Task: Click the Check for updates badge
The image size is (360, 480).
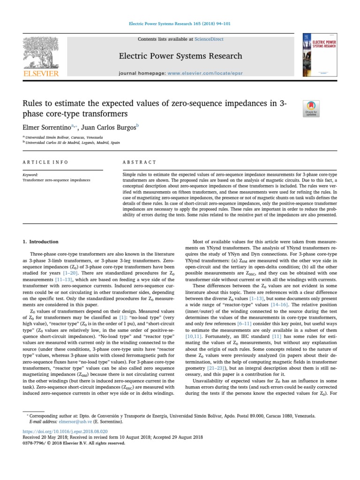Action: [312, 108]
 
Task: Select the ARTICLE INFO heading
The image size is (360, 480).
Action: [45, 162]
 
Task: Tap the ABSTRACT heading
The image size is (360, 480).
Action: [139, 162]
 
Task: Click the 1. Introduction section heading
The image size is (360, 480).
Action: [41, 242]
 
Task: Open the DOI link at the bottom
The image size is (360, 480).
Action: [65, 431]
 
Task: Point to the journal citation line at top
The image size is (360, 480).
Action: [180, 23]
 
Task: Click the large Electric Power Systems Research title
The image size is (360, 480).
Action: [180, 57]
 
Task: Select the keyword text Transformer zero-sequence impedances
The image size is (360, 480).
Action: [56, 180]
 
